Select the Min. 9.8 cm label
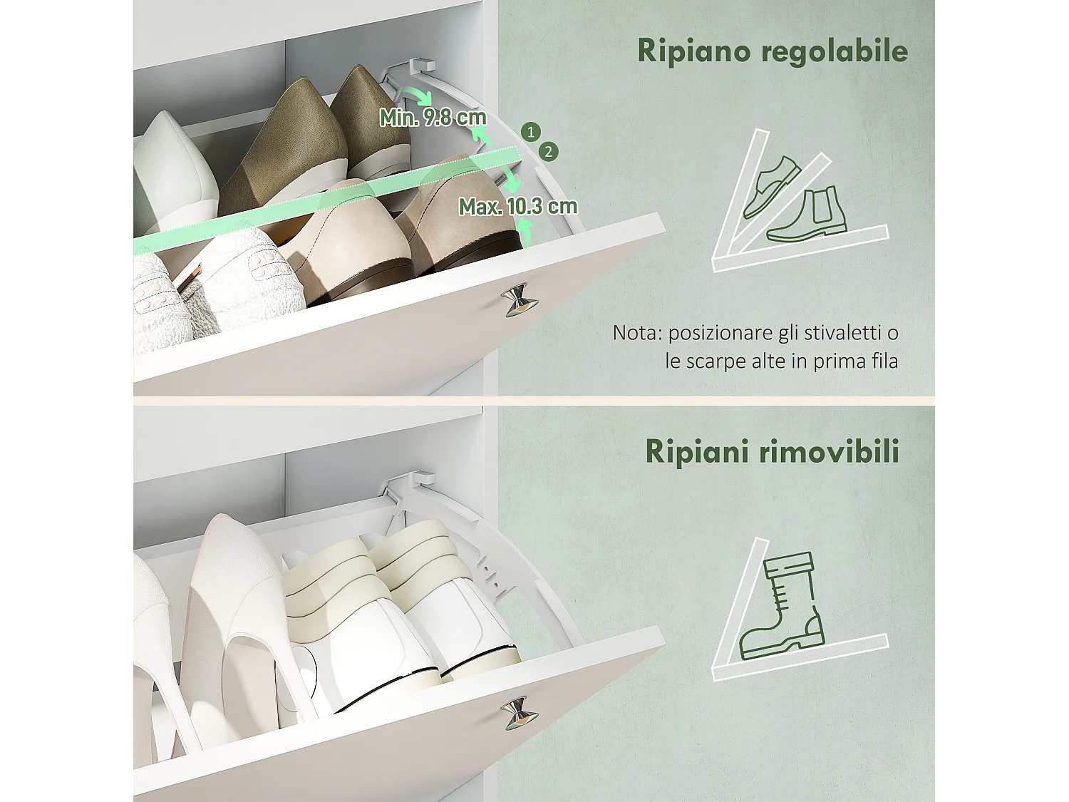coord(433,117)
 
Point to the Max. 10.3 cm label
coord(517,207)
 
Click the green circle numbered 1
coord(530,131)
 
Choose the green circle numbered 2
coord(548,151)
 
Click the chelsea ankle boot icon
coord(807,214)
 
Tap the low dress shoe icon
coord(772,187)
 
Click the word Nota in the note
coord(636,333)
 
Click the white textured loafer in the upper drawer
coord(214,285)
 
